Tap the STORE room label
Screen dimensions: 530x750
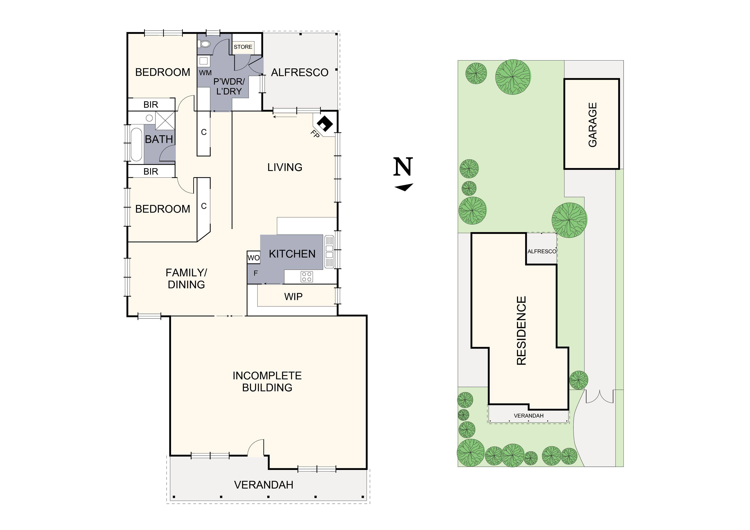(x=243, y=47)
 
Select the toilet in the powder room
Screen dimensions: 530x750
(x=205, y=44)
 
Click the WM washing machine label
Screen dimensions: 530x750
(x=205, y=73)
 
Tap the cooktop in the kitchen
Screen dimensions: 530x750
(x=307, y=277)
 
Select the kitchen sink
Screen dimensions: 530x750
(x=329, y=252)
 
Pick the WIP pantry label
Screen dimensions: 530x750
(x=293, y=296)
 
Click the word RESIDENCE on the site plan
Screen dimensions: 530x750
(x=521, y=330)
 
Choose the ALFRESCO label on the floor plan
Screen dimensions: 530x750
(x=300, y=72)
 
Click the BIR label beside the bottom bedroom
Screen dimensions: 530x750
(x=151, y=171)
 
